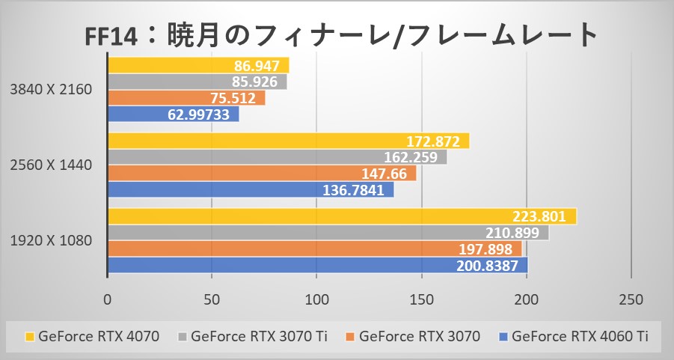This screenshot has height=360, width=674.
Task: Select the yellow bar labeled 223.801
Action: pos(342,216)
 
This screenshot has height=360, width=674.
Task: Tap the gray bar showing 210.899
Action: pos(328,233)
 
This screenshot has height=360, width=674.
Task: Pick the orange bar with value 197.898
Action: pos(314,249)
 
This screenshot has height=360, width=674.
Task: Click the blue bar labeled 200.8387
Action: pos(317,266)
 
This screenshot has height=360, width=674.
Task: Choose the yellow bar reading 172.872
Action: pos(288,141)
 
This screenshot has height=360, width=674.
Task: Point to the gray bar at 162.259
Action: pos(277,157)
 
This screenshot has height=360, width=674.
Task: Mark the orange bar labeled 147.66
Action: pos(262,174)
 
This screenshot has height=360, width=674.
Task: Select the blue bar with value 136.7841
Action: pos(251,190)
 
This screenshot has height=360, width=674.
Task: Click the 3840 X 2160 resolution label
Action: pos(52,90)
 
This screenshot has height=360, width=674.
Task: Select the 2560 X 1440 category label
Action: pos(52,165)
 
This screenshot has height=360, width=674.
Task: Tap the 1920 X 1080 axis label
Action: pos(52,241)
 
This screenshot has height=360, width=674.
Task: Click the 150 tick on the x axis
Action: pos(422,300)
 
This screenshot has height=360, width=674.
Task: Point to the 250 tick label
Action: pos(631,300)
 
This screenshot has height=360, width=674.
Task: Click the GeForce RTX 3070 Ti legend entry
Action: pos(251,337)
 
